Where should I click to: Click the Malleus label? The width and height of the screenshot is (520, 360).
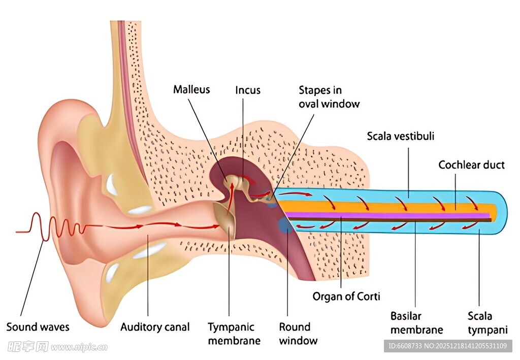pyautogui.click(x=191, y=90)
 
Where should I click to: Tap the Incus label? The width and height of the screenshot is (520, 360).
pyautogui.click(x=248, y=90)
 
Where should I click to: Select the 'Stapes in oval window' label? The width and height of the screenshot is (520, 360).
pyautogui.click(x=329, y=97)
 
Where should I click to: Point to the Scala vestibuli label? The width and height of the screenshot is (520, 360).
pyautogui.click(x=401, y=136)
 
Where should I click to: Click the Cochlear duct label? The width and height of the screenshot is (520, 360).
pyautogui.click(x=471, y=165)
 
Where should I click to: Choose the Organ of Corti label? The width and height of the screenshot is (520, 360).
pyautogui.click(x=346, y=296)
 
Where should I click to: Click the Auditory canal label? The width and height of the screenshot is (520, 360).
pyautogui.click(x=155, y=327)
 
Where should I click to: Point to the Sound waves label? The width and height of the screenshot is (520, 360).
pyautogui.click(x=38, y=327)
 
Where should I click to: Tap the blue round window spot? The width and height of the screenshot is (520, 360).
pyautogui.click(x=285, y=225)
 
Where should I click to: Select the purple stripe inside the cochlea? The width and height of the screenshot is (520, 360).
pyautogui.click(x=386, y=215)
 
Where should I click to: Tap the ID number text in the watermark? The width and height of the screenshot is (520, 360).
pyautogui.click(x=447, y=346)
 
